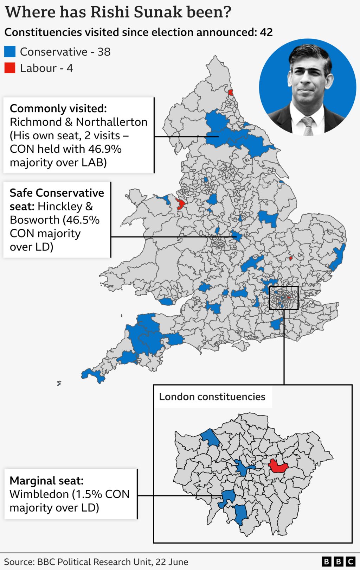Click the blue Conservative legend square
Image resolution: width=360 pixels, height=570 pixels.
pyautogui.click(x=10, y=52)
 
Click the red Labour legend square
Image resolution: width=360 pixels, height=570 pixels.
pyautogui.click(x=10, y=68)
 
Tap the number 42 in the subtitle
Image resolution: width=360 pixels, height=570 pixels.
pyautogui.click(x=266, y=32)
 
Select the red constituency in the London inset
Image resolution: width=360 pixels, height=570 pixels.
pyautogui.click(x=278, y=466)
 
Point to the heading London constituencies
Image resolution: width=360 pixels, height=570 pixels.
pyautogui.click(x=212, y=397)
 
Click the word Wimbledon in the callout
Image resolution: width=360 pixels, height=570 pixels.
pyautogui.click(x=39, y=494)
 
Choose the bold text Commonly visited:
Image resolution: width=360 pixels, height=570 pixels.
pyautogui.click(x=58, y=108)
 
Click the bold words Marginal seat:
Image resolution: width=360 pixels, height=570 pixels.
pyautogui.click(x=46, y=481)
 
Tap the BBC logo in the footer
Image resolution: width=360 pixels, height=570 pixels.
pyautogui.click(x=338, y=561)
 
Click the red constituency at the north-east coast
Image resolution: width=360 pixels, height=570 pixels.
pyautogui.click(x=231, y=93)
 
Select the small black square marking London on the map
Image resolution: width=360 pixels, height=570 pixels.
pyautogui.click(x=284, y=298)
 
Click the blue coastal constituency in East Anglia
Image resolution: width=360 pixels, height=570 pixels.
pyautogui.click(x=338, y=257)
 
